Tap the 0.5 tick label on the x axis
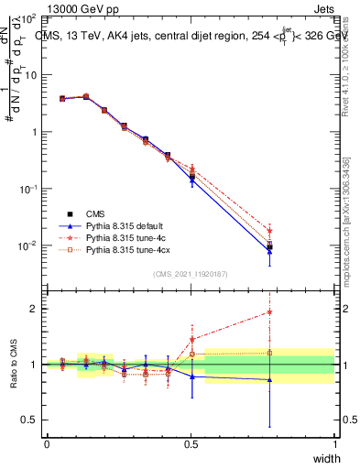coord(191,443)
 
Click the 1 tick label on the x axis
coord(334,443)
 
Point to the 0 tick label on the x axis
coord(47,443)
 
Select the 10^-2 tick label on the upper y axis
coord(26,245)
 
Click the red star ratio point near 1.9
coord(269,311)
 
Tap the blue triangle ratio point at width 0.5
coord(191,376)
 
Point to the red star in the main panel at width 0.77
coord(269,231)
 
